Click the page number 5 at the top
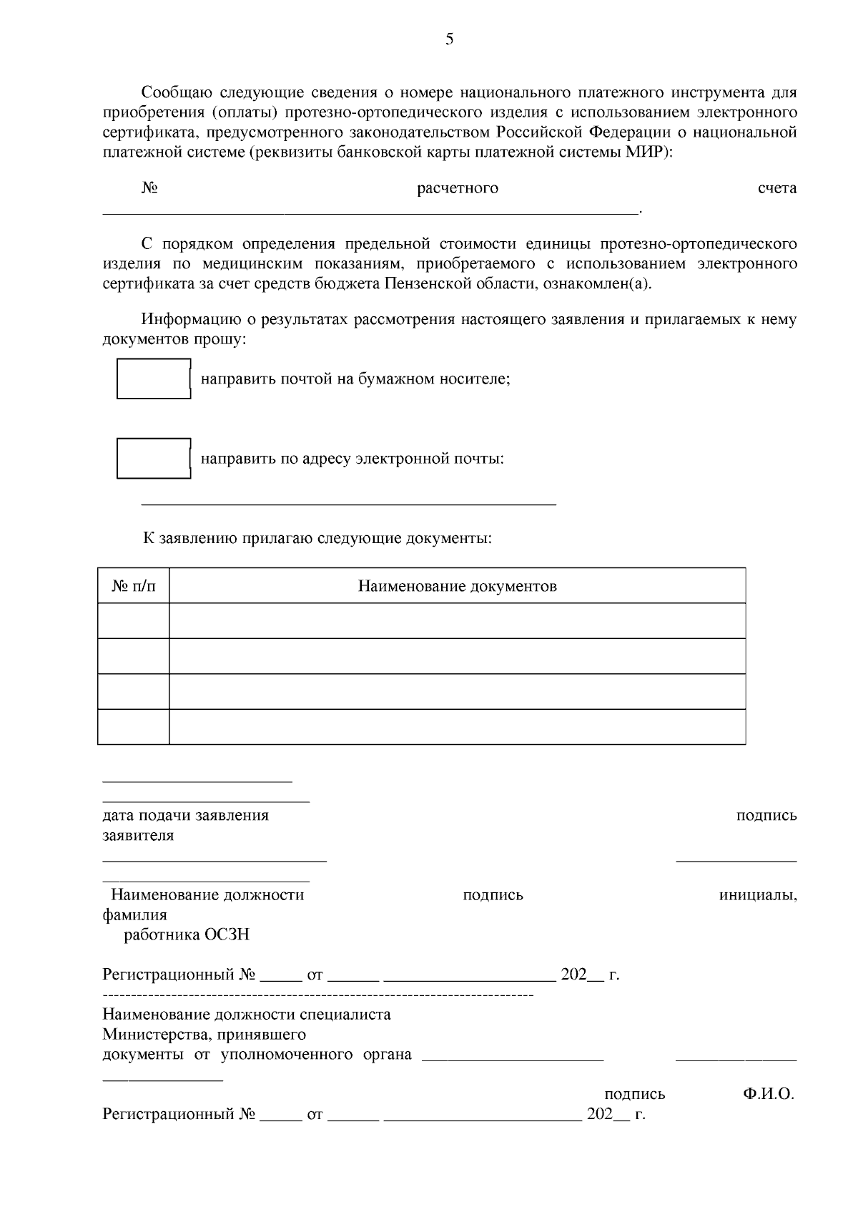[x=449, y=39]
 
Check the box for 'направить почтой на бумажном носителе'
[x=153, y=379]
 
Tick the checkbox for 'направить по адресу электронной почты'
[x=153, y=458]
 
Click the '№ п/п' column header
[x=134, y=586]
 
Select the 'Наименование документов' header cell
[x=457, y=586]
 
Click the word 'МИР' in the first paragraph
[x=641, y=152]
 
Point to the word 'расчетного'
[x=458, y=188]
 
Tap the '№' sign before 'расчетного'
[x=149, y=188]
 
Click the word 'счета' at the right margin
[x=776, y=188]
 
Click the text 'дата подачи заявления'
[x=186, y=815]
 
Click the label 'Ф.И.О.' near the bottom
[x=769, y=1093]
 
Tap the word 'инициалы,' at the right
[x=758, y=895]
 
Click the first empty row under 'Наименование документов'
[x=457, y=620]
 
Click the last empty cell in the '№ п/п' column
[x=134, y=726]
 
